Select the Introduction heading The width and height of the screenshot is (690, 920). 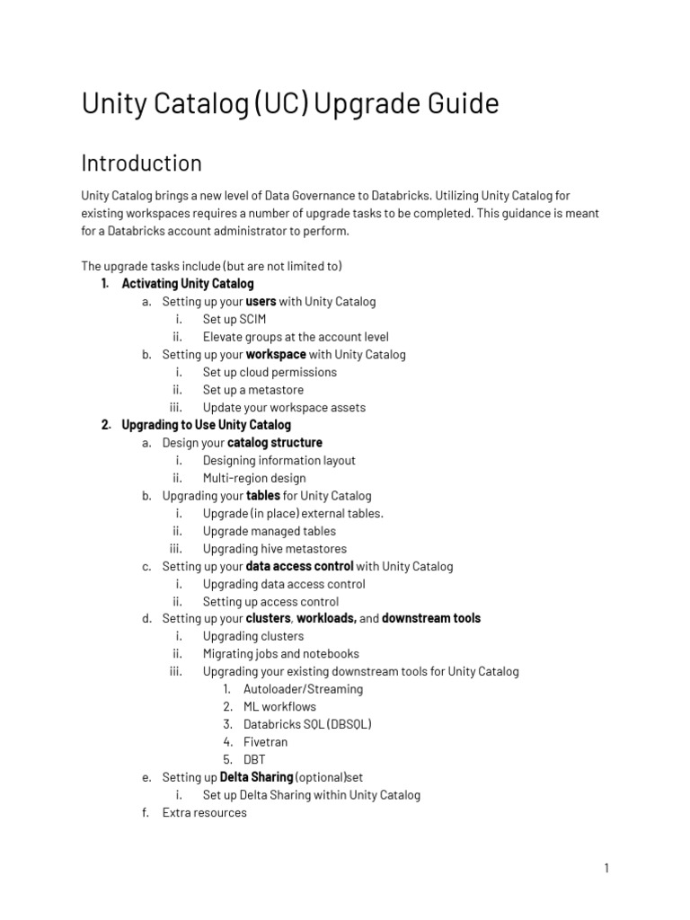[142, 164]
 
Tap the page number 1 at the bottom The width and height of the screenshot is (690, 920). [606, 868]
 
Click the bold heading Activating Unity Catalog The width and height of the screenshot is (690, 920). [188, 284]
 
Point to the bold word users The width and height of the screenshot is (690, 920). [261, 302]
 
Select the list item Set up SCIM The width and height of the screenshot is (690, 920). [234, 319]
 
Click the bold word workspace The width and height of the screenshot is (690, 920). [276, 354]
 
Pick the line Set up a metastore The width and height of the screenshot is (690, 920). [253, 390]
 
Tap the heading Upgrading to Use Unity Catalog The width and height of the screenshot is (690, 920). [206, 425]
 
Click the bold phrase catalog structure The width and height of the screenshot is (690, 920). [275, 443]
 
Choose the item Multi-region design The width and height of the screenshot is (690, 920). [254, 478]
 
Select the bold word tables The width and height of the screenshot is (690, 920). [263, 495]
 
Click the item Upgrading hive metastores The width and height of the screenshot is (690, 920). [274, 549]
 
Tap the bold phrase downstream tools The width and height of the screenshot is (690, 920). [431, 618]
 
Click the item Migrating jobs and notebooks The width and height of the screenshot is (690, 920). [280, 654]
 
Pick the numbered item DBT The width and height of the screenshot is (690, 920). [255, 759]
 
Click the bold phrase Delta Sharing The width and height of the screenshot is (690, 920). [256, 777]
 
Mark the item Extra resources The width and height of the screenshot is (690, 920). [204, 813]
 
